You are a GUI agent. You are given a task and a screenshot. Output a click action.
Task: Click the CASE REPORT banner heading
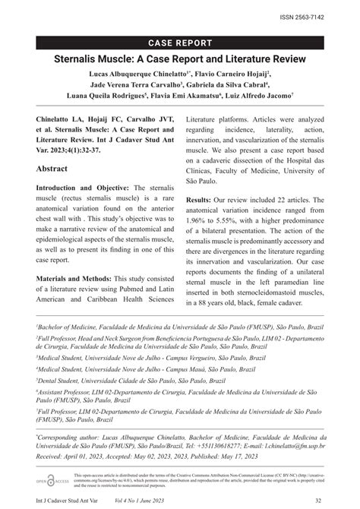click(x=179, y=43)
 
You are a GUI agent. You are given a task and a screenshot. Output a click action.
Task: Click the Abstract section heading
click(x=58, y=169)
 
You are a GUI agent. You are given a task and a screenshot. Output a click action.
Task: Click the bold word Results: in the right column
click(x=203, y=198)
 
